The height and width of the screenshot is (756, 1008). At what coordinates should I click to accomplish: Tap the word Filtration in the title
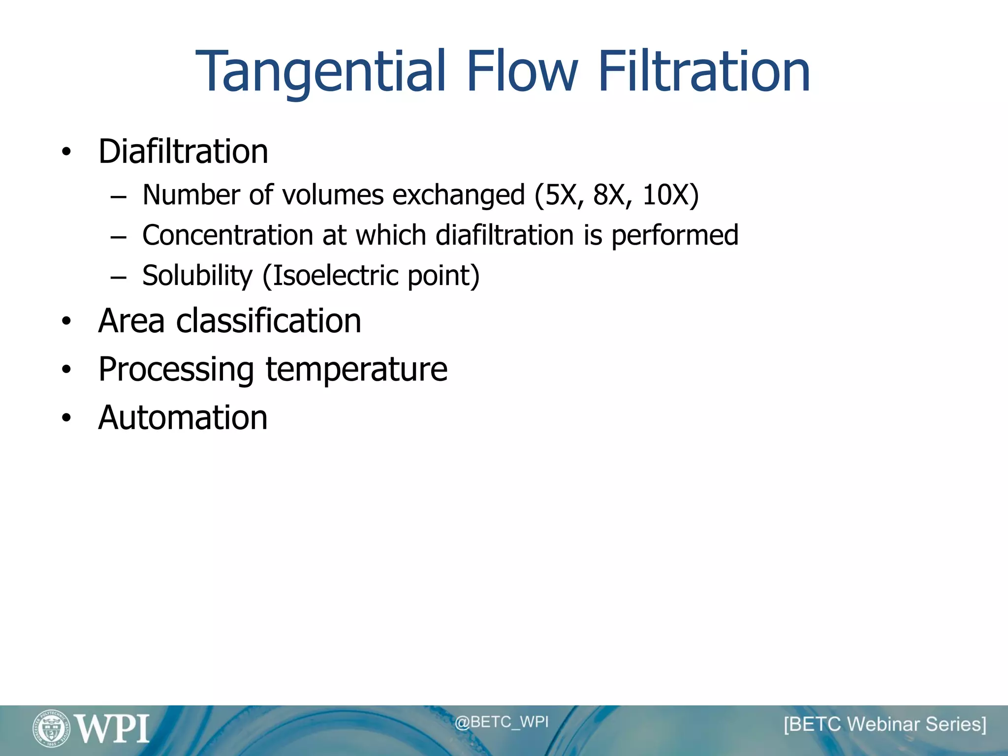coord(704,72)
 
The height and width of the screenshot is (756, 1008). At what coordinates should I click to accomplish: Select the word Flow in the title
coord(522,72)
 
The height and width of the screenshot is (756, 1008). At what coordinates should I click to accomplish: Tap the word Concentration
coord(227,235)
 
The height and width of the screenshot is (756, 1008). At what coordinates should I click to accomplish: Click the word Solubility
coord(197,276)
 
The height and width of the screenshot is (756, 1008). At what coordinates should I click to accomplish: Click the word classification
coord(269,321)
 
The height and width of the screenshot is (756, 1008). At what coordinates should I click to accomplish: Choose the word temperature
coord(356,370)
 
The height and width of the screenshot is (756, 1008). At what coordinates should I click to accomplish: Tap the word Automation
coord(183,418)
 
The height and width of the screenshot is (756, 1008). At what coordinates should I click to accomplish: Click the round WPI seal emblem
coord(51,728)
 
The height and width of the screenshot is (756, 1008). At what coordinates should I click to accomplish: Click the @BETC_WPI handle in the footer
coord(501,722)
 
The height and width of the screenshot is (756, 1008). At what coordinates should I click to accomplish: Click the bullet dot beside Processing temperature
coord(66,370)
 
